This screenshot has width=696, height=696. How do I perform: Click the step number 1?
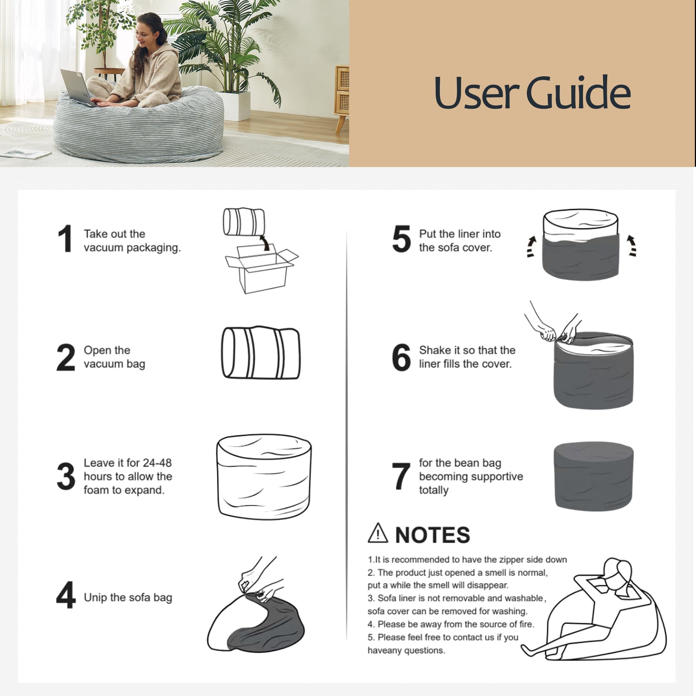click(x=65, y=239)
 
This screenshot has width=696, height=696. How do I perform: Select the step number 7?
click(x=401, y=476)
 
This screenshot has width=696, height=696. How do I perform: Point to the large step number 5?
click(x=401, y=239)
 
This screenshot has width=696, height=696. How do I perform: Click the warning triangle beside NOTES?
click(x=378, y=534)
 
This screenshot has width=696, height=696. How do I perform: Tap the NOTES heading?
click(x=432, y=535)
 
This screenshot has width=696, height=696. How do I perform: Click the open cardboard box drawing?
click(x=261, y=268)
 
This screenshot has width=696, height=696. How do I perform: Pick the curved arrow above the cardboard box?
click(x=265, y=242)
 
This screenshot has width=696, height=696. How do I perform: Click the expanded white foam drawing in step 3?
click(x=264, y=477)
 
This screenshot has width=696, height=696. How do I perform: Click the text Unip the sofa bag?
click(x=128, y=598)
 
